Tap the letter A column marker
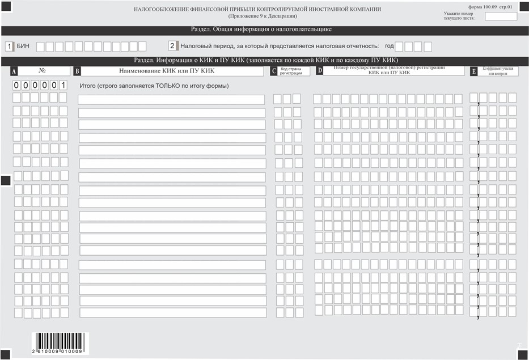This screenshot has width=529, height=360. [14, 71]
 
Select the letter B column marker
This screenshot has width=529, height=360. [78, 71]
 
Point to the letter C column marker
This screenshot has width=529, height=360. [274, 71]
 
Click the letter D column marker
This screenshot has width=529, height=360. [319, 71]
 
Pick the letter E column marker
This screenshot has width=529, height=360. [473, 71]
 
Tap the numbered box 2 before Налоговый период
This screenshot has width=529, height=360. [172, 46]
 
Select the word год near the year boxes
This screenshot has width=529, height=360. [389, 46]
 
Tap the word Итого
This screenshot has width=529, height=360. [88, 86]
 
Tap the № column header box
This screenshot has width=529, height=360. [43, 71]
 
